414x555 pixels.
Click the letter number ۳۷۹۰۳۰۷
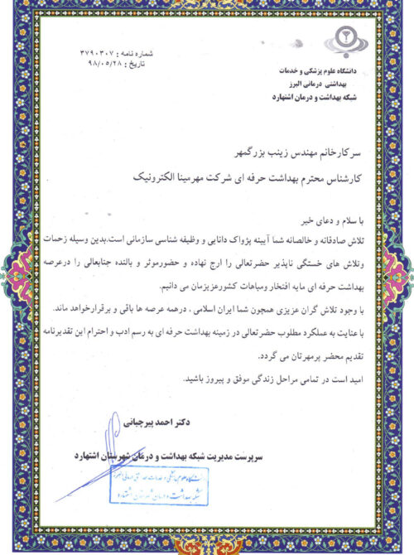pos(98,52)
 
